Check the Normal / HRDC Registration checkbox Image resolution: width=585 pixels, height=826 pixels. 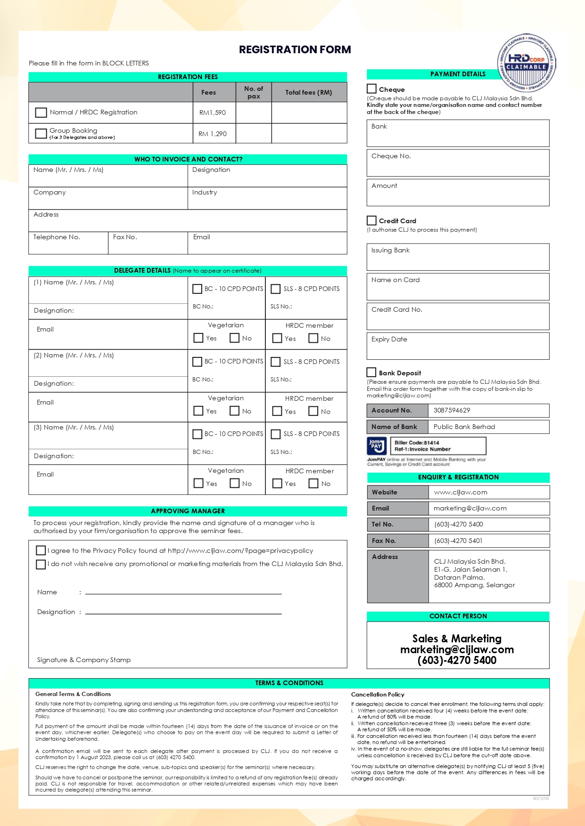[x=41, y=113]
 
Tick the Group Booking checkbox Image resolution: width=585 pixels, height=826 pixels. [x=41, y=133]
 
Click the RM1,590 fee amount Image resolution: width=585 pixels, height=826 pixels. [x=213, y=113]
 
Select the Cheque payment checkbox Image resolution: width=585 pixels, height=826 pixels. [x=372, y=89]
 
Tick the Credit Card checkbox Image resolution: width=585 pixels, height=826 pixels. [x=372, y=220]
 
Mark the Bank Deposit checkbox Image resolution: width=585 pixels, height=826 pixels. [x=372, y=372]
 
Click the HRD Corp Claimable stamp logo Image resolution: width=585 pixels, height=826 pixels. [x=527, y=63]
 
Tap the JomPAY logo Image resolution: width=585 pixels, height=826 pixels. [x=376, y=445]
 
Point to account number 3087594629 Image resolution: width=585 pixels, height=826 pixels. [x=452, y=410]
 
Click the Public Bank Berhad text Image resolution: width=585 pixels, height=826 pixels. [x=464, y=427]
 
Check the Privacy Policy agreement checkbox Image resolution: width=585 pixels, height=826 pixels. [x=41, y=550]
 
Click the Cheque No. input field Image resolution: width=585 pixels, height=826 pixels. [x=458, y=163]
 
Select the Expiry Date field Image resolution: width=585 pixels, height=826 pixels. [x=458, y=346]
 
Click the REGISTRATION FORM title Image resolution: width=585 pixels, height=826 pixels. [x=295, y=49]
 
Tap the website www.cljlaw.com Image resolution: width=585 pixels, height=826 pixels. [x=461, y=492]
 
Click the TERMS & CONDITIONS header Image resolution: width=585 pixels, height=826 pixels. [x=289, y=683]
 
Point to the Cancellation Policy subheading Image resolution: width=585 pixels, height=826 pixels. [x=378, y=694]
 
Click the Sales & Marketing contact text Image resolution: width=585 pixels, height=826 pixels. [x=457, y=639]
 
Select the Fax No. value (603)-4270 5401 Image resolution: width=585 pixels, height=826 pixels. [x=458, y=541]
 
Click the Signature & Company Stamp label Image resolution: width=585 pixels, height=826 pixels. [x=84, y=660]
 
